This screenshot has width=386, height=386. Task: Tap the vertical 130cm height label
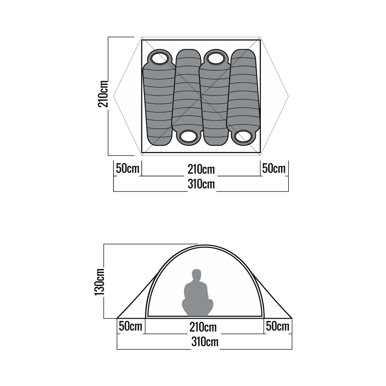click(99, 281)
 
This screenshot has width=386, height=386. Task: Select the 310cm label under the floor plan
click(201, 184)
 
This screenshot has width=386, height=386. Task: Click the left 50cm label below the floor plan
click(128, 169)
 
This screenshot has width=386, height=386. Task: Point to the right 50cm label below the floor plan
click(274, 169)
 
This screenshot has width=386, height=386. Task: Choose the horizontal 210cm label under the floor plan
click(201, 170)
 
